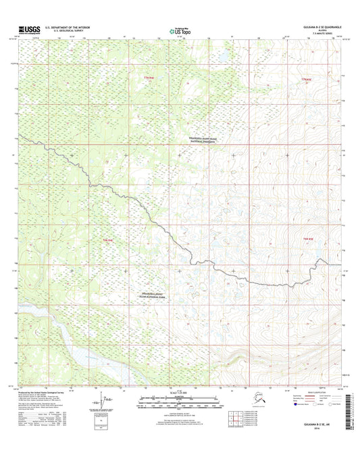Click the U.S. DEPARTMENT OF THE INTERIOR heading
pyautogui.click(x=68, y=26)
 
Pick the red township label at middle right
pyautogui.click(x=305, y=240)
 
